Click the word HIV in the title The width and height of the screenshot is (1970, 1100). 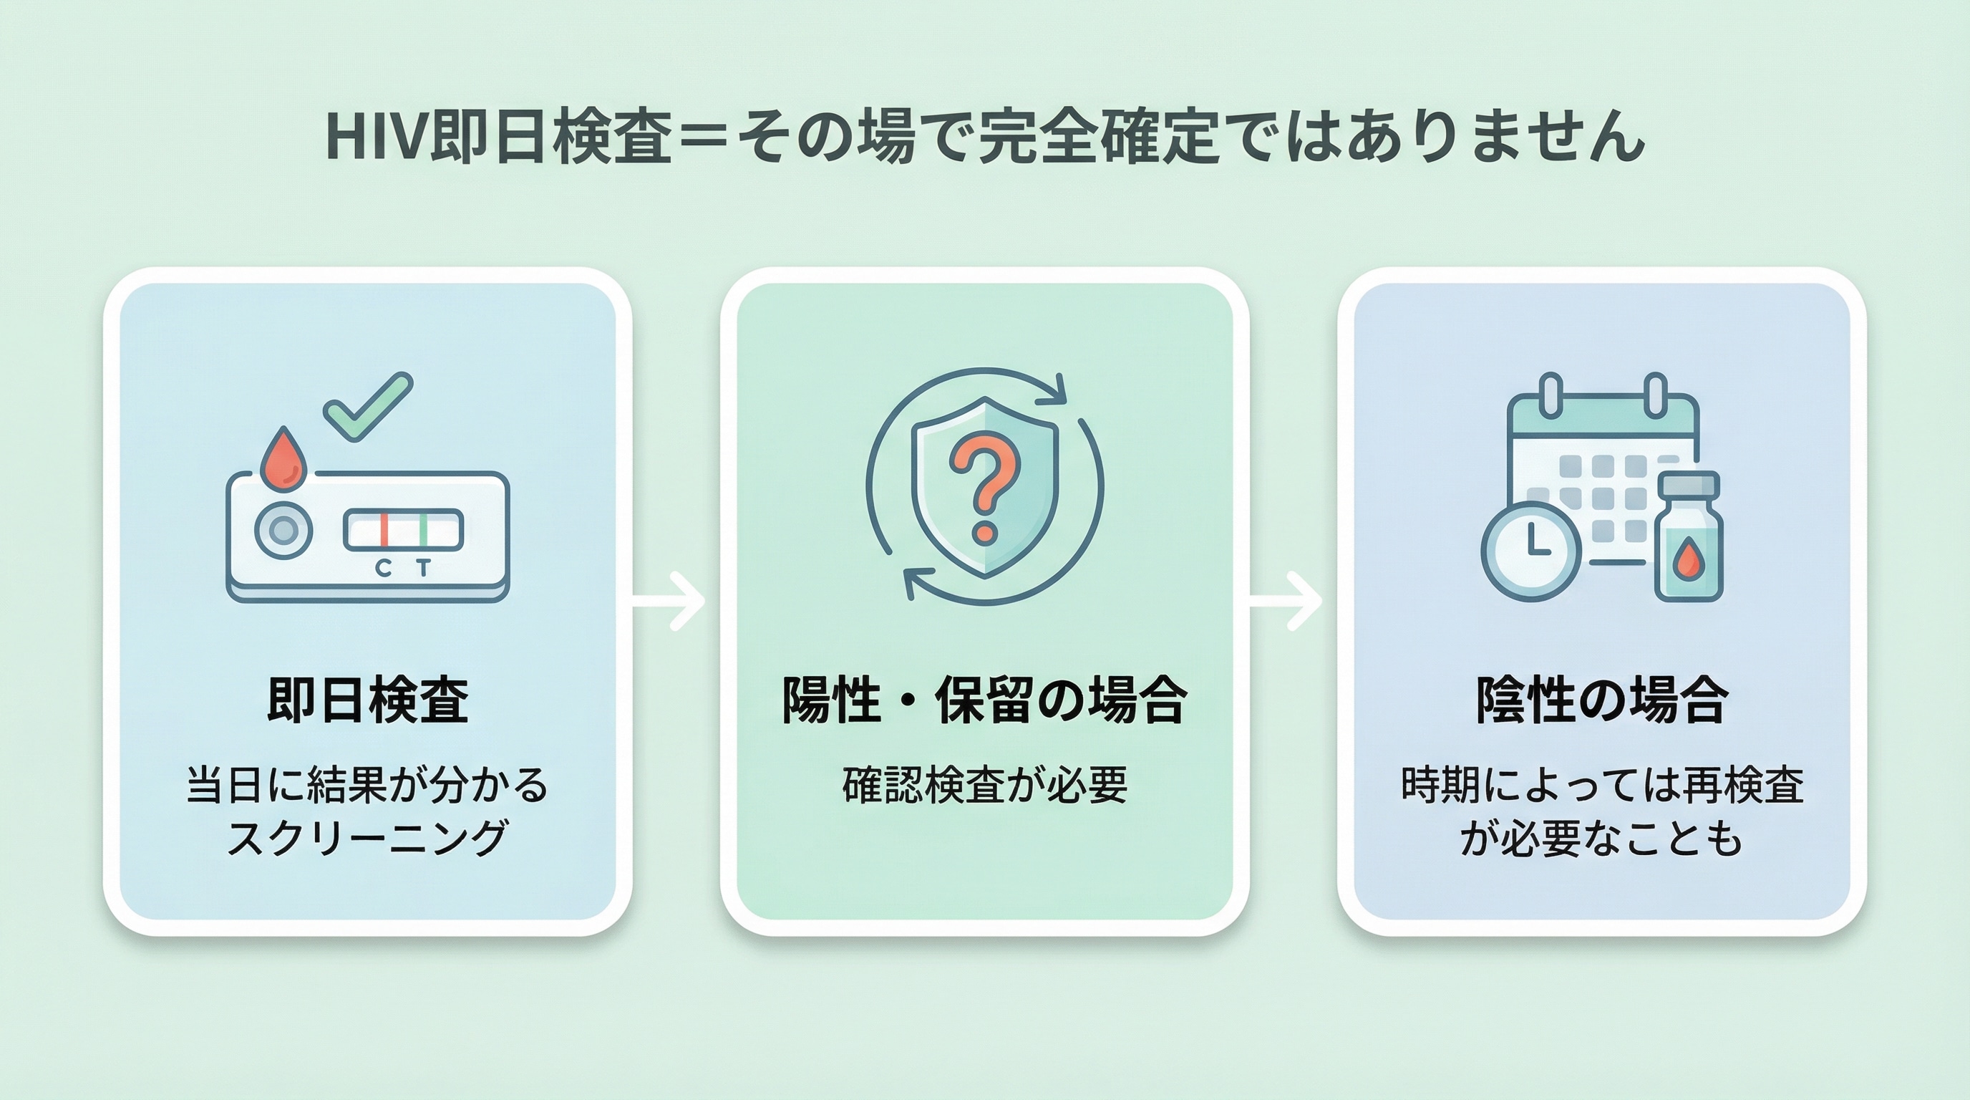pos(377,137)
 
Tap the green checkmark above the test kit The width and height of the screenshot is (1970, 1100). pos(367,406)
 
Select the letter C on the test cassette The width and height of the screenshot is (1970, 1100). pos(383,569)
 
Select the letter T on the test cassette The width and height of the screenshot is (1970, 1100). pos(424,568)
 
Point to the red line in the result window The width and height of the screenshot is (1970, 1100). pos(384,530)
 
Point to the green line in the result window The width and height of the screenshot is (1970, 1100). pos(423,530)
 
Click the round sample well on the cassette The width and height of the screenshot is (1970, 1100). pos(283,530)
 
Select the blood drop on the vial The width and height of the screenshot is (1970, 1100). pos(1689,561)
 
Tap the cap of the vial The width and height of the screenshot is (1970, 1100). pos(1689,484)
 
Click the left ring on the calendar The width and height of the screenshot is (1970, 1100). pos(1550,395)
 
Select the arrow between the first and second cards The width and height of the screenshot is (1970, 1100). pos(669,600)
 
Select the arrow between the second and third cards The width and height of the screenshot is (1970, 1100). pos(1286,600)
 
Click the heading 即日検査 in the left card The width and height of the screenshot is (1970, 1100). pos(367,700)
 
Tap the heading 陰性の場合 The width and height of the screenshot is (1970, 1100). pos(1601,700)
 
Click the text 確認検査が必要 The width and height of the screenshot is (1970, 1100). pos(985,785)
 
